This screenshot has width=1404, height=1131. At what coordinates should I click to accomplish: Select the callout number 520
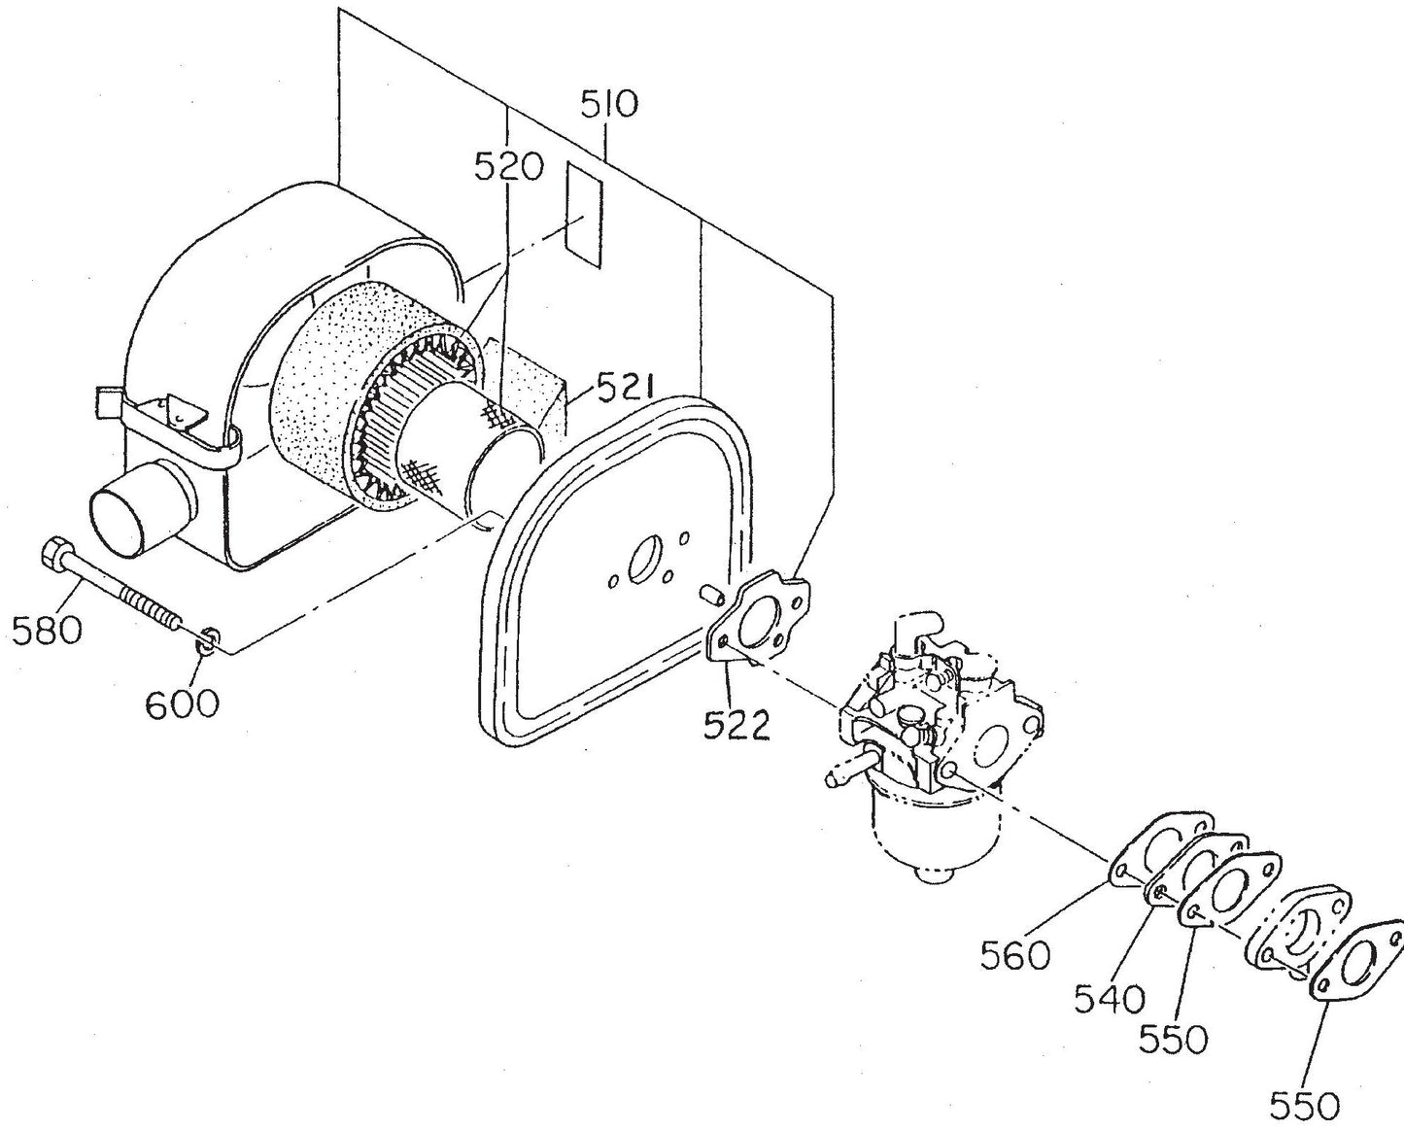(x=508, y=167)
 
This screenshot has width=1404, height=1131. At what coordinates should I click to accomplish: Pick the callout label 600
(x=183, y=702)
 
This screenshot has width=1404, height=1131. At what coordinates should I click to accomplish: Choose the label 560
(x=1015, y=954)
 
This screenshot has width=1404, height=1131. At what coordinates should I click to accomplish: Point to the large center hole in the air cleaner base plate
(x=643, y=560)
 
